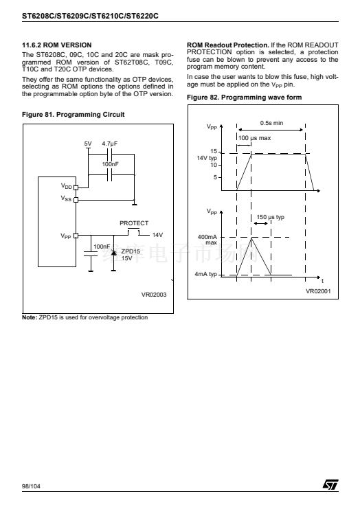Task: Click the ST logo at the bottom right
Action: tap(330, 484)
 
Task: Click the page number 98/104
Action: tap(31, 486)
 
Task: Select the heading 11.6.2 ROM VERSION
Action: tap(57, 45)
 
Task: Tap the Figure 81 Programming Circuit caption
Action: tap(74, 115)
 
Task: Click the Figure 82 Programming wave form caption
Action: tap(245, 97)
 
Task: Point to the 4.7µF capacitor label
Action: tap(109, 144)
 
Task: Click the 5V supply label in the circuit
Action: tap(88, 144)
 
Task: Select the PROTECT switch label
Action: tap(134, 223)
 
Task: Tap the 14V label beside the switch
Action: tap(157, 235)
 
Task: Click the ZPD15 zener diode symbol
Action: tap(113, 253)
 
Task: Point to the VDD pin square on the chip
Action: tap(76, 188)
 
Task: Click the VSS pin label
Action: tap(66, 198)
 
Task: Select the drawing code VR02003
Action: tap(154, 295)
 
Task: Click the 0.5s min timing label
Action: tap(271, 123)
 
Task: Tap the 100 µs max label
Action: tap(254, 138)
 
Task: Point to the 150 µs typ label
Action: tap(270, 217)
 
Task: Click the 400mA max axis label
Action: tap(207, 240)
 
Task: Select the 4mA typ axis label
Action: tap(205, 274)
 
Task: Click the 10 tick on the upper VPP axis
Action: tap(214, 165)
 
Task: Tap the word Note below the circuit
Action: tap(30, 317)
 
